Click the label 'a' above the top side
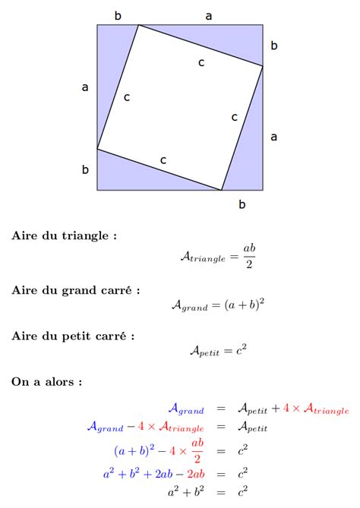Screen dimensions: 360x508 (209, 15)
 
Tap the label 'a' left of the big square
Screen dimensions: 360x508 (85, 88)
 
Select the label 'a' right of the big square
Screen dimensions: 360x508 (273, 137)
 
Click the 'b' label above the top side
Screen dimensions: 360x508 (118, 15)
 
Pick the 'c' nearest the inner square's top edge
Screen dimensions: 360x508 (201, 62)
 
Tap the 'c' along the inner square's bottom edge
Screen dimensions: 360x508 (163, 159)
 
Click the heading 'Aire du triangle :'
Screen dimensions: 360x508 (64, 235)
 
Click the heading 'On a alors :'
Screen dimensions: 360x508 (46, 382)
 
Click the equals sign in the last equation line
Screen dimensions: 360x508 (221, 492)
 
